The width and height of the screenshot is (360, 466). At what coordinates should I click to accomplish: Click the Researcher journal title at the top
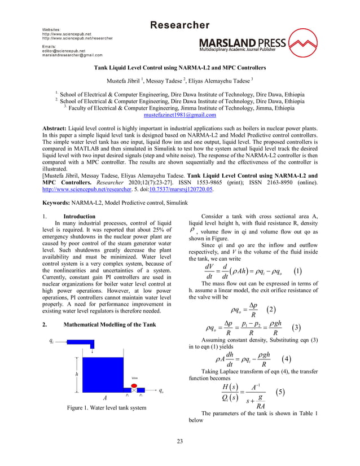[x=179, y=25]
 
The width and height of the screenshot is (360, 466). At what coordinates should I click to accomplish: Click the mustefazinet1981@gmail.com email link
[x=180, y=115]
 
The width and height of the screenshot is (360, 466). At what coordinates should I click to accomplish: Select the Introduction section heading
[x=79, y=217]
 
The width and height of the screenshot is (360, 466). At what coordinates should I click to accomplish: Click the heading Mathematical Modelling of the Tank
[x=111, y=325]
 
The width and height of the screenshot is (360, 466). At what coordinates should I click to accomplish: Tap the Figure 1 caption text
[x=106, y=407]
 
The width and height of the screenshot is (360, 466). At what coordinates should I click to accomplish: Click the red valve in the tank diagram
[x=134, y=384]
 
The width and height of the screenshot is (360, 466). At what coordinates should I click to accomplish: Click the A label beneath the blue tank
[x=105, y=397]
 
